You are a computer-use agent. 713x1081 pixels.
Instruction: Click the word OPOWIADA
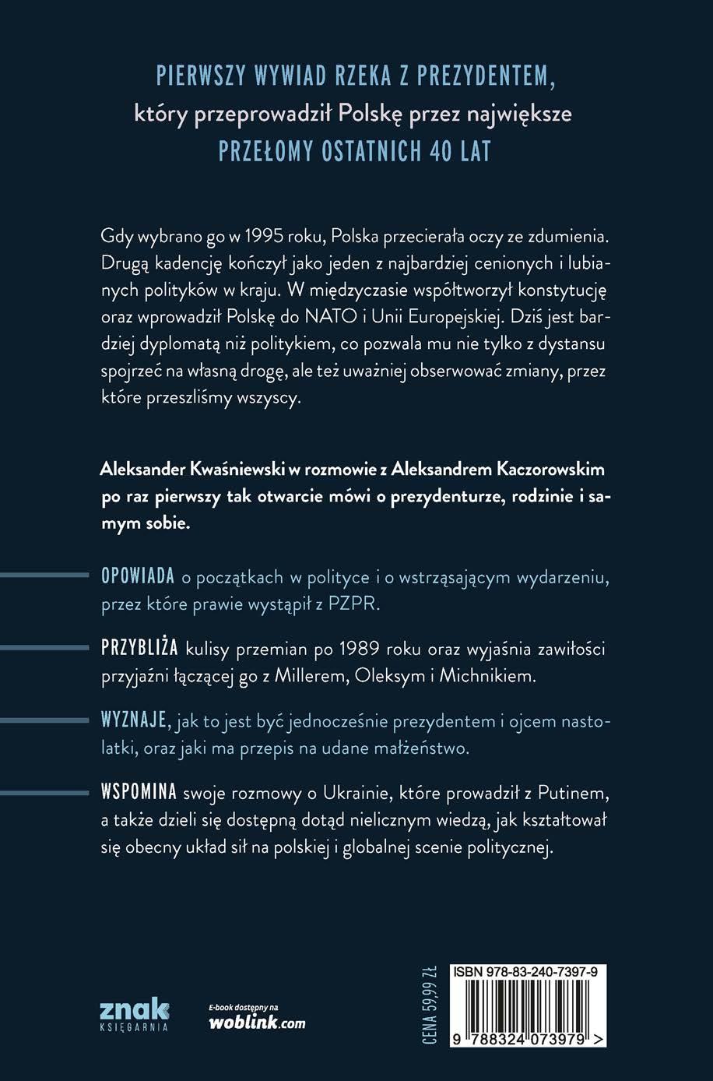pyautogui.click(x=138, y=577)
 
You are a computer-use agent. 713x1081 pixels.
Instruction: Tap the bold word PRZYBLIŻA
pyautogui.click(x=140, y=648)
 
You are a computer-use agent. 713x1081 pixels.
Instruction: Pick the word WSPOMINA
pyautogui.click(x=140, y=793)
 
